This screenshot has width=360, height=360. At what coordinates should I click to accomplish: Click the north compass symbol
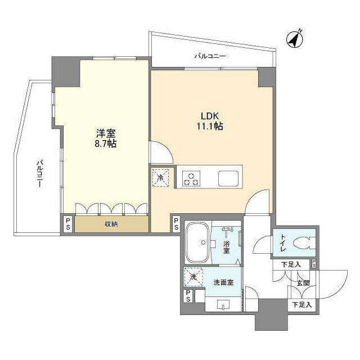[295, 39]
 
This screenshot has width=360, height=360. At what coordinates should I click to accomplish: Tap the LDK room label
[210, 116]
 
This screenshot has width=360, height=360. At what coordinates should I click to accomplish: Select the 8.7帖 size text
[106, 144]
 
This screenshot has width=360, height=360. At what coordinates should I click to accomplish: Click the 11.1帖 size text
[210, 126]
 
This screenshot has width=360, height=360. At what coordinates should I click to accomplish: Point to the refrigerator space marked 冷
[160, 178]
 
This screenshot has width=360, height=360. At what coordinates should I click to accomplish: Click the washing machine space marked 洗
[193, 277]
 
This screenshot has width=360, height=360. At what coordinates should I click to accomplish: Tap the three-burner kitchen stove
[191, 178]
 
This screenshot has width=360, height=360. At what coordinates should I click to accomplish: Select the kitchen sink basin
[228, 179]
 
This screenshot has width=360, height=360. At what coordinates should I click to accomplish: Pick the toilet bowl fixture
[304, 243]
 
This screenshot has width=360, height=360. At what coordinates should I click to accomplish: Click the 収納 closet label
[111, 224]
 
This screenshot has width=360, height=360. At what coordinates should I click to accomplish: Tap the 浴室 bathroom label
[226, 247]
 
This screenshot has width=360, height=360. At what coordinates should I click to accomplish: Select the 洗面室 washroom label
[223, 282]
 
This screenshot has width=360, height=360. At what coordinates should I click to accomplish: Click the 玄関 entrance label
[303, 283]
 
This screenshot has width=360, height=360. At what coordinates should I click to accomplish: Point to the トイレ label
[283, 243]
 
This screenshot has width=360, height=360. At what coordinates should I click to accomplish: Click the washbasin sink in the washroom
[223, 304]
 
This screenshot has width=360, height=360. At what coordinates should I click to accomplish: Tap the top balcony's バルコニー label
[210, 56]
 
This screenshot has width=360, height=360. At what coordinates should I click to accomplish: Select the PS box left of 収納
[68, 224]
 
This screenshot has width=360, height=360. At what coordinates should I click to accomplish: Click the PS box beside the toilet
[314, 263]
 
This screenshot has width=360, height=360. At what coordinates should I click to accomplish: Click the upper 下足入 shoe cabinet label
[291, 265]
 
